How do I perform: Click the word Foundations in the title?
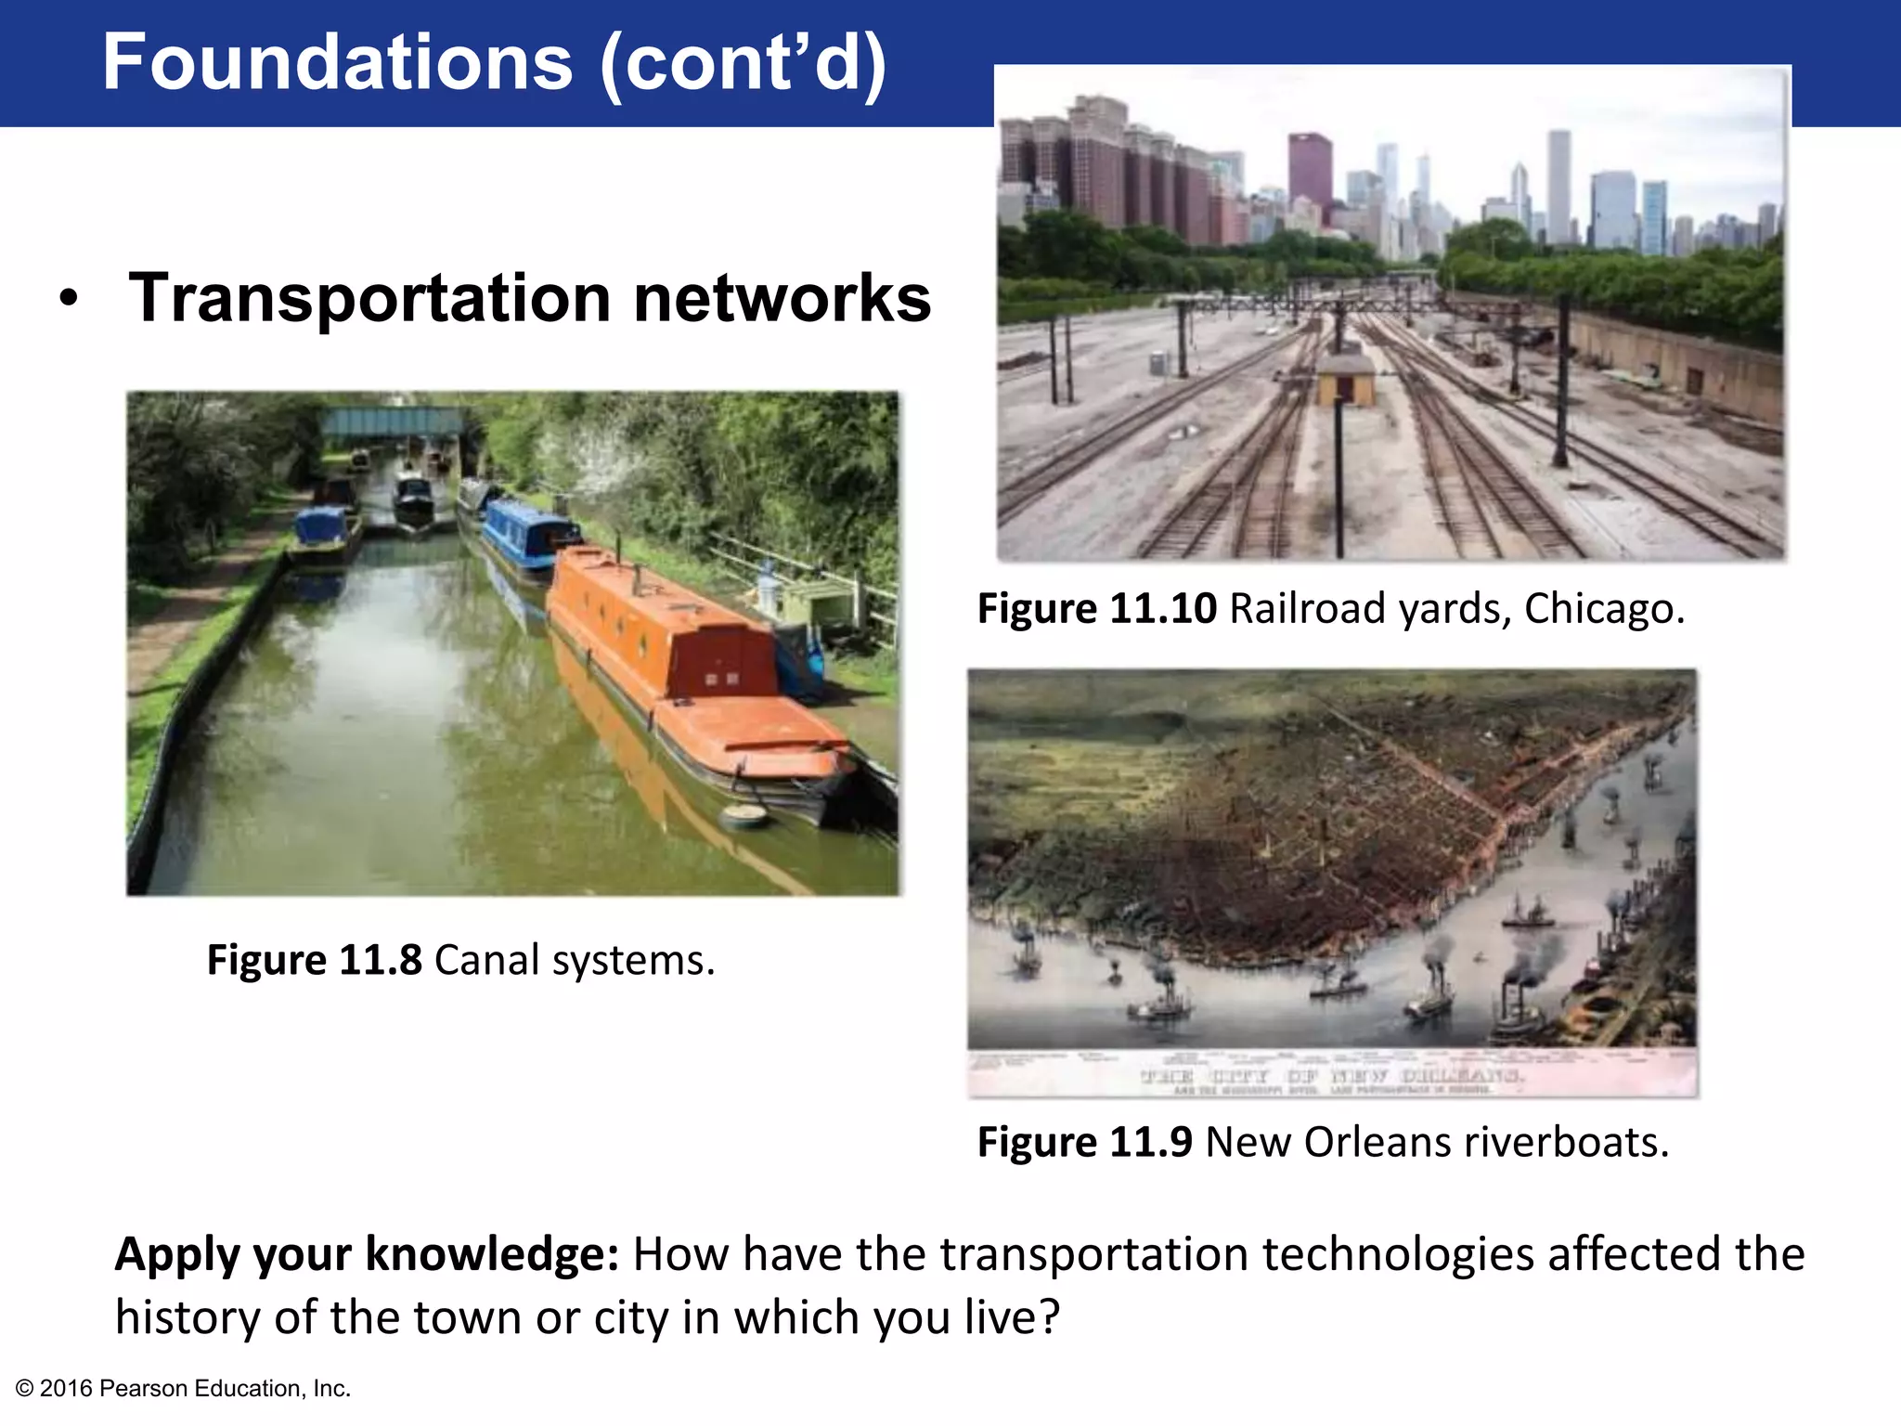pos(337,62)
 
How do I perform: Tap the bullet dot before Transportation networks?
pos(68,300)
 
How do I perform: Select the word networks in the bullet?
pos(782,299)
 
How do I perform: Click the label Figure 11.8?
pos(314,960)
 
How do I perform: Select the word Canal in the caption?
pos(486,960)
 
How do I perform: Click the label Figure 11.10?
pos(1096,609)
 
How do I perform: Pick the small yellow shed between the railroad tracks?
pos(1345,379)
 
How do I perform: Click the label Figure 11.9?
pos(1084,1142)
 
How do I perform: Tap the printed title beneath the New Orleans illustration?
pos(1332,1076)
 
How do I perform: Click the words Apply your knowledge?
pos(367,1254)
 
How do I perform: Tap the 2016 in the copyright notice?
pos(66,1389)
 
